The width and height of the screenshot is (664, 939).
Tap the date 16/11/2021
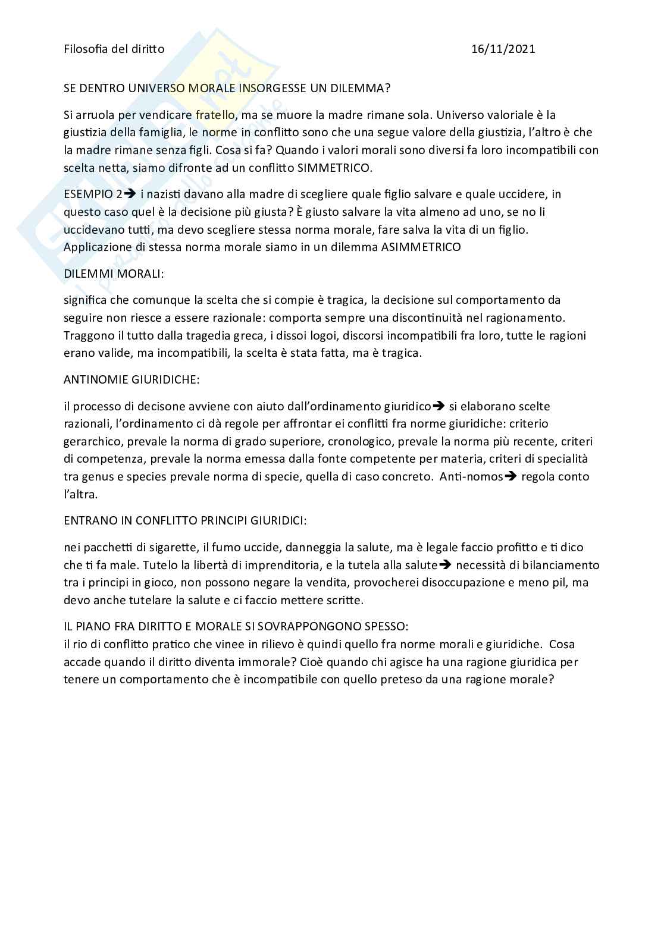click(503, 49)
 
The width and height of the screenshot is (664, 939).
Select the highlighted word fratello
click(214, 115)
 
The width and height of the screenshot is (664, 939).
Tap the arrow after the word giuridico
click(439, 407)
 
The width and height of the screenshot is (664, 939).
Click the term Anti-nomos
click(471, 477)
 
